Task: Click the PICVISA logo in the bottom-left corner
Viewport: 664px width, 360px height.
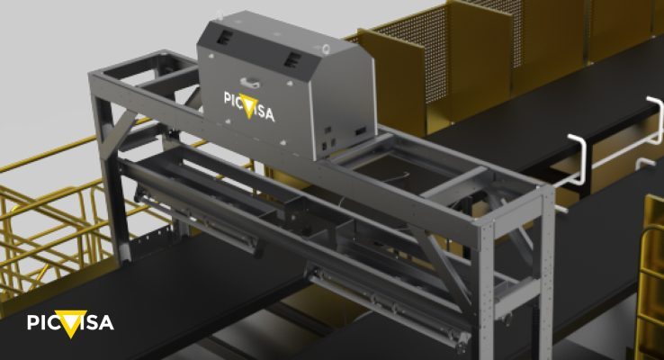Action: pos(70,323)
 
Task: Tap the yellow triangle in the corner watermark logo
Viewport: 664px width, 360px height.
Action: pos(71,324)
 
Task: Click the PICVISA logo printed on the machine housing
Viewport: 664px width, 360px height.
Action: pos(249,106)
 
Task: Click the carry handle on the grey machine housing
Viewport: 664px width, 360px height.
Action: pos(249,81)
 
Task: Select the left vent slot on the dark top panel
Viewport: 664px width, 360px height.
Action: pos(224,36)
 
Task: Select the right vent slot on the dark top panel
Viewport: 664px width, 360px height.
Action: pos(292,59)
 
